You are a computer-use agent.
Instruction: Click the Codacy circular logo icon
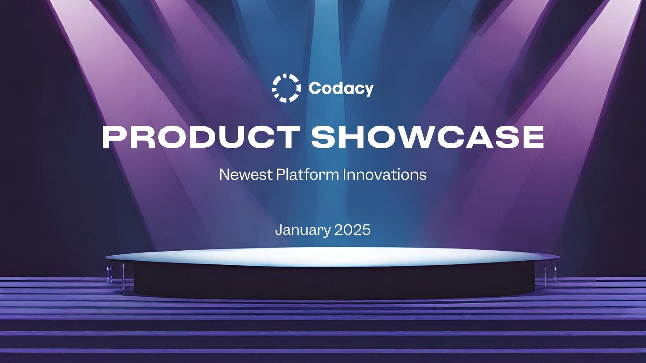(286, 88)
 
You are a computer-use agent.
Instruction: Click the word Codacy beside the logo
(341, 88)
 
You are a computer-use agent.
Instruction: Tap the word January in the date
(303, 230)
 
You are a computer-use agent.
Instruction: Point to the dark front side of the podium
(333, 283)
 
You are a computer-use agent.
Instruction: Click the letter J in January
(278, 230)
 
